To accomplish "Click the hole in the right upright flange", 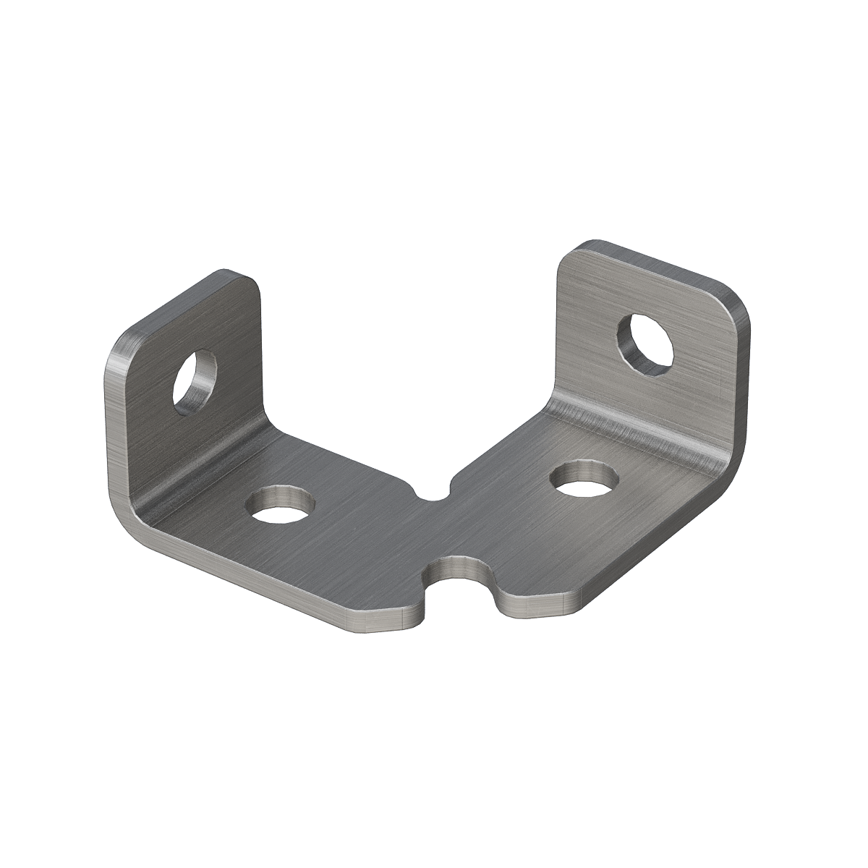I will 645,344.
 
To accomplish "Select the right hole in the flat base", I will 583,479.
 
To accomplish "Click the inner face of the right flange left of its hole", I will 586,340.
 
